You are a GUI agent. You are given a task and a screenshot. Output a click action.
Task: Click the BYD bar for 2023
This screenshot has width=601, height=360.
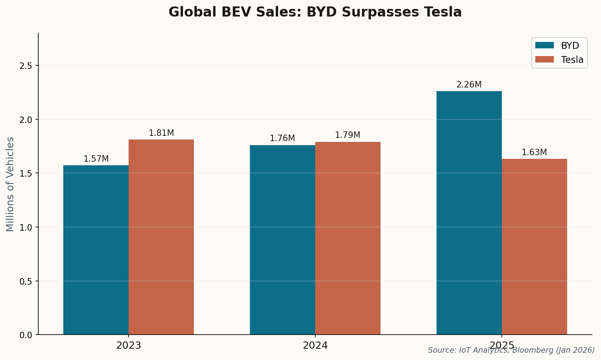pyautogui.click(x=96, y=250)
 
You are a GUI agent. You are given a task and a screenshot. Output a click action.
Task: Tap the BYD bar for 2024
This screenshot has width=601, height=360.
pyautogui.click(x=283, y=240)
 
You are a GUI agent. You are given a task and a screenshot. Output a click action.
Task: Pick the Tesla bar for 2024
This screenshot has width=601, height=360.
pyautogui.click(x=348, y=238)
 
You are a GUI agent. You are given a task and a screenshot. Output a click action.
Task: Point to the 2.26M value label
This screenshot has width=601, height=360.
pyautogui.click(x=469, y=85)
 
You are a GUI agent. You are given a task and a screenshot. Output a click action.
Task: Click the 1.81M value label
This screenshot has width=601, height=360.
pyautogui.click(x=161, y=133)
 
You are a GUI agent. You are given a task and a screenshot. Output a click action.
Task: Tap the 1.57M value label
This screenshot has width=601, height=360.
pyautogui.click(x=96, y=159)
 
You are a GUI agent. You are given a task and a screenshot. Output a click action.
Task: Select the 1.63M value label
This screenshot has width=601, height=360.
pyautogui.click(x=534, y=152)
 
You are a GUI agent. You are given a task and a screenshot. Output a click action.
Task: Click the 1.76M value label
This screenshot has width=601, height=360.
pyautogui.click(x=282, y=138)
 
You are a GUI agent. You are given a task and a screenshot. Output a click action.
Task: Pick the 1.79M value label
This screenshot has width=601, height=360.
pyautogui.click(x=347, y=135)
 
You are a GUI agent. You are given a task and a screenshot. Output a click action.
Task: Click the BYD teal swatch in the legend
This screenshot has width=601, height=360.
pyautogui.click(x=544, y=46)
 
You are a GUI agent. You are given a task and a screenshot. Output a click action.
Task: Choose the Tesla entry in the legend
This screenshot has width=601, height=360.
pyautogui.click(x=572, y=60)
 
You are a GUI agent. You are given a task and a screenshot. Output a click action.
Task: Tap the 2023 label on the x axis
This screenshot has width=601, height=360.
pyautogui.click(x=129, y=345)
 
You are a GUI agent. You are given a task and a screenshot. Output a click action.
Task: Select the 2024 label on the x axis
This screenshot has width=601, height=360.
pyautogui.click(x=315, y=345)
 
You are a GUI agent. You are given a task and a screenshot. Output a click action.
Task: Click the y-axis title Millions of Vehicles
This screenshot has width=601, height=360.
pyautogui.click(x=10, y=184)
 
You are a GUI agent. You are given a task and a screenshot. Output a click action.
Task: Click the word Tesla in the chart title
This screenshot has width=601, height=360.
pyautogui.click(x=443, y=12)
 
